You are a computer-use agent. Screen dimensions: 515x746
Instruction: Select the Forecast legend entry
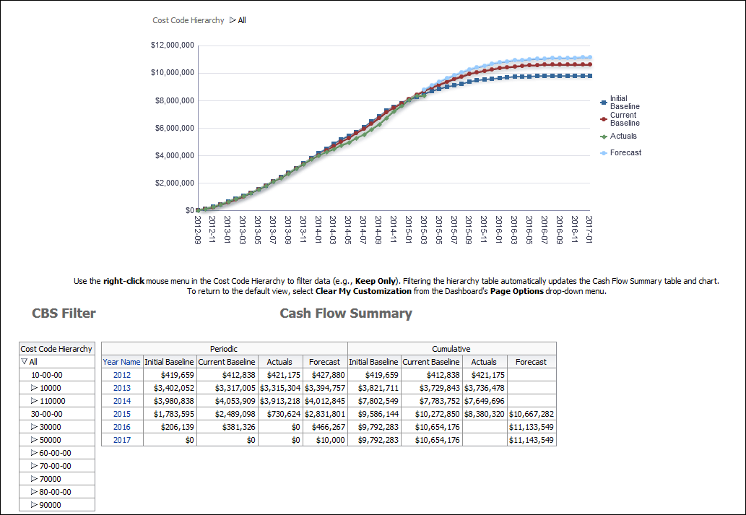pos(625,152)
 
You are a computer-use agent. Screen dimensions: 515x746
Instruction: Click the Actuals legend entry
pos(623,136)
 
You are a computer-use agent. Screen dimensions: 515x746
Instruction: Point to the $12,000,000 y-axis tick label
pos(172,45)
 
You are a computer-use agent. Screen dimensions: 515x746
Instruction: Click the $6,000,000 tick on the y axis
pos(174,128)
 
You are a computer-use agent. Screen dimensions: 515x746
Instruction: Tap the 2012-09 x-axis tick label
pos(198,229)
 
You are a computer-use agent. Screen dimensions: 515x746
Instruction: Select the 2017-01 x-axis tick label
pos(589,229)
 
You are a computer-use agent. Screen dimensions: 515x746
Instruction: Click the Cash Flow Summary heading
pos(345,313)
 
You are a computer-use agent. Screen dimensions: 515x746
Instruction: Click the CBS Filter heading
pos(64,313)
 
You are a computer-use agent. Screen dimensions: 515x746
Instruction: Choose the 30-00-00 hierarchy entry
pos(46,414)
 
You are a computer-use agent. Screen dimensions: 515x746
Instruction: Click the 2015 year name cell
pos(121,414)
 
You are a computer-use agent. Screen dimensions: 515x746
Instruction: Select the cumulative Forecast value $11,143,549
pos(531,440)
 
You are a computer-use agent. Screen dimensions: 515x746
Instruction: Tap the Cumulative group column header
pos(451,348)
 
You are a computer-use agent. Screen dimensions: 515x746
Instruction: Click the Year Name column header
pos(121,362)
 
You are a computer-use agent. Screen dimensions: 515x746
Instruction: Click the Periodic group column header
pos(224,348)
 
